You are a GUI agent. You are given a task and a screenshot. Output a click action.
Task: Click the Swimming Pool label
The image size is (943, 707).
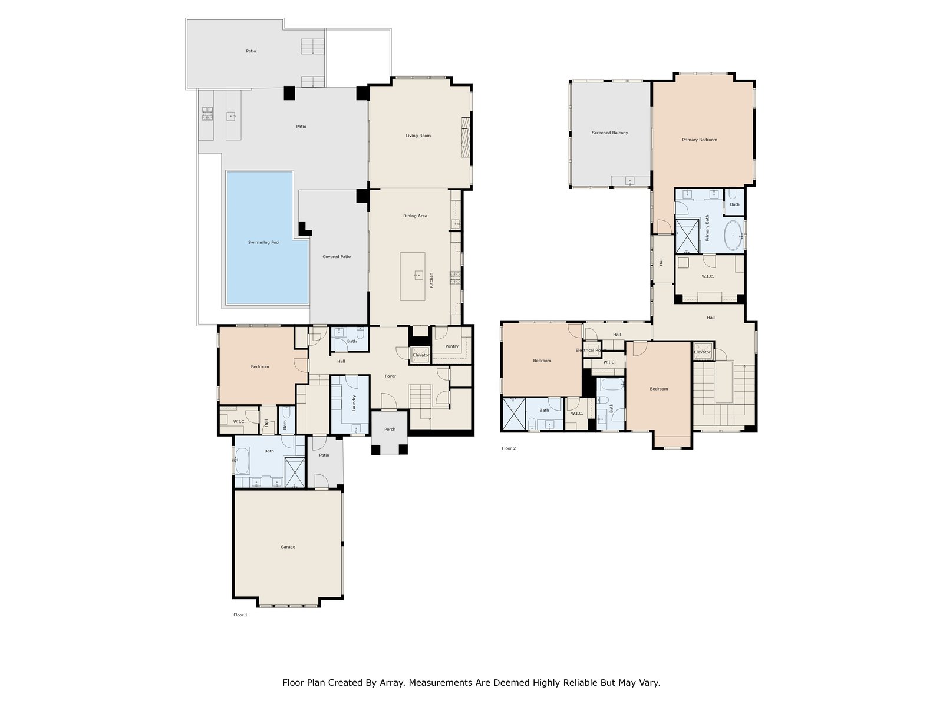263,242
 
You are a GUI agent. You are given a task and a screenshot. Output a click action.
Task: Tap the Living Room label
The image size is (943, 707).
418,136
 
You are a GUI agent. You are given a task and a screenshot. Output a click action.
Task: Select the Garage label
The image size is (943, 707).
288,547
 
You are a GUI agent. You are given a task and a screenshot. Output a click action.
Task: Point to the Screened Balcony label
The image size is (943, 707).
609,133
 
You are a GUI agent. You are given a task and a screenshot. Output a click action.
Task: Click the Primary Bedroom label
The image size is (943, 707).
700,140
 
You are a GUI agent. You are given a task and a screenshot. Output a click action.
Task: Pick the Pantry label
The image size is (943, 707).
451,346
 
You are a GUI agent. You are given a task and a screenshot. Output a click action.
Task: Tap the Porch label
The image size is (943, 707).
390,429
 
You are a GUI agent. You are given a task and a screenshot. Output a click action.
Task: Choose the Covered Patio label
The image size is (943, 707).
337,257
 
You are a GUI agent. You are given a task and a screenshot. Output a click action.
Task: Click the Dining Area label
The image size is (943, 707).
415,216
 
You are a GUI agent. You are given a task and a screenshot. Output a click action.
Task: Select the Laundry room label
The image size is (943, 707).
354,402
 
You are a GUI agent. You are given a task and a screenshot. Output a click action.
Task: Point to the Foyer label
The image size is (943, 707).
390,376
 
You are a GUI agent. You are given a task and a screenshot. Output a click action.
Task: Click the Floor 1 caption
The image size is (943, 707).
240,615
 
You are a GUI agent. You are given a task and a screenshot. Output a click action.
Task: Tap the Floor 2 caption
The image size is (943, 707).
508,448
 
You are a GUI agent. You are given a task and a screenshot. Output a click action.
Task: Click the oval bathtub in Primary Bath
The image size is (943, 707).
733,235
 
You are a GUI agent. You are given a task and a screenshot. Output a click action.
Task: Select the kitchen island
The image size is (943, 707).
413,276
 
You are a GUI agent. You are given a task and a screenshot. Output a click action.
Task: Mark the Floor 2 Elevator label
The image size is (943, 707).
702,352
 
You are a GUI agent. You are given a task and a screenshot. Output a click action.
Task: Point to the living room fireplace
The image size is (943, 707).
466,137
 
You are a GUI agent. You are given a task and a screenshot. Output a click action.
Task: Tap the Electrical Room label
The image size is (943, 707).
588,351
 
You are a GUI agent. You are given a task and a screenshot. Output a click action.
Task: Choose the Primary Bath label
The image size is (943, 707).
707,228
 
